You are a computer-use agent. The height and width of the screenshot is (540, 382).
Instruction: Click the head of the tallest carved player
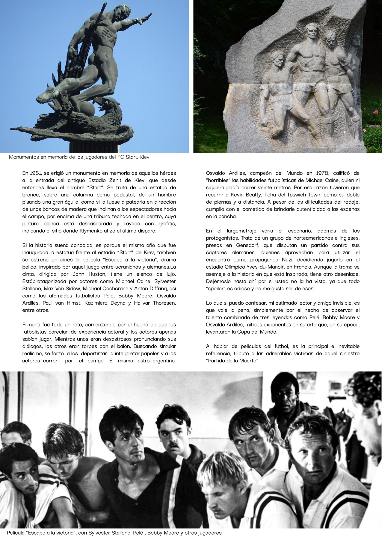click(x=312, y=31)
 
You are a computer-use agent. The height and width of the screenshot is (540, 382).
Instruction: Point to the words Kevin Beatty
click(x=246, y=195)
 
